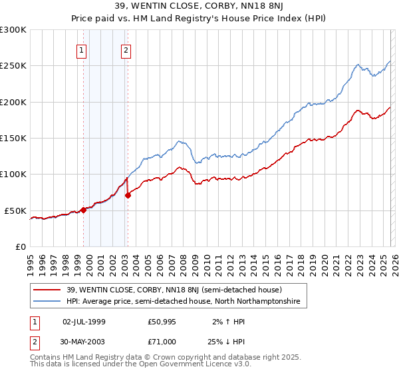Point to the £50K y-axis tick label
[15, 210]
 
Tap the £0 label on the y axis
[21, 246]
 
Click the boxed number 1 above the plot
[81, 49]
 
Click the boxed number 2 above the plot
[126, 49]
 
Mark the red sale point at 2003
[128, 195]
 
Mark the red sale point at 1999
[84, 210]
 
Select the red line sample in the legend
[47, 290]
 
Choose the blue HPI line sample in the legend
[47, 302]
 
